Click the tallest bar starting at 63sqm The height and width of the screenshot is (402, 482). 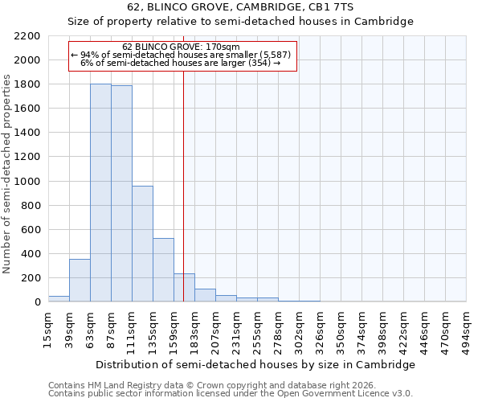click(100, 193)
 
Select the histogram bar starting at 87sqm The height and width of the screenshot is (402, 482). click(121, 194)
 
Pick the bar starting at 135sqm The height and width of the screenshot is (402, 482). click(163, 270)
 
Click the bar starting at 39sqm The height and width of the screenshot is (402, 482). click(80, 281)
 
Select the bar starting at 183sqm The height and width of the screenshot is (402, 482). click(205, 295)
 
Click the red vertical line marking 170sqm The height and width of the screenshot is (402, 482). click(184, 201)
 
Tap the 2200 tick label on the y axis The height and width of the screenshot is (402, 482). click(27, 36)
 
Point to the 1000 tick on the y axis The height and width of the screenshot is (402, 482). click(27, 182)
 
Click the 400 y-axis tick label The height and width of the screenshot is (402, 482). click(31, 254)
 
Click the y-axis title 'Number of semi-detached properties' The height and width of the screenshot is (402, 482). click(7, 174)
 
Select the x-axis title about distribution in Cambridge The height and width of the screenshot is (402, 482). click(255, 364)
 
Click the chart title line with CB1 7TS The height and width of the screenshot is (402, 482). click(240, 7)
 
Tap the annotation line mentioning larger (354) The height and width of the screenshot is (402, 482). click(182, 63)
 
